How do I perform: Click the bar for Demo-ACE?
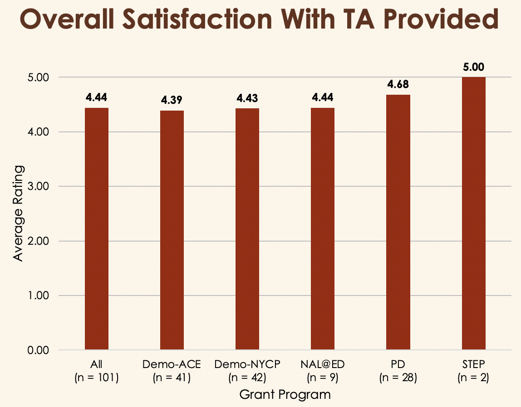[x=172, y=230]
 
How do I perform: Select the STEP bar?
[x=473, y=213]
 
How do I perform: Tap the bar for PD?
[x=398, y=222]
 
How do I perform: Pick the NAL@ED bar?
[x=323, y=229]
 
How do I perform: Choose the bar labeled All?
[x=97, y=229]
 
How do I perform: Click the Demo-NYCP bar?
[x=247, y=229]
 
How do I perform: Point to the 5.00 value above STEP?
[x=473, y=68]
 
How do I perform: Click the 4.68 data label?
[x=398, y=85]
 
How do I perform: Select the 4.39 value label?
[x=172, y=101]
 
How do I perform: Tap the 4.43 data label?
[x=247, y=98]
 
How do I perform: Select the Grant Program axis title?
[x=285, y=394]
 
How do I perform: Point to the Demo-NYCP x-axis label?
[x=247, y=364]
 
